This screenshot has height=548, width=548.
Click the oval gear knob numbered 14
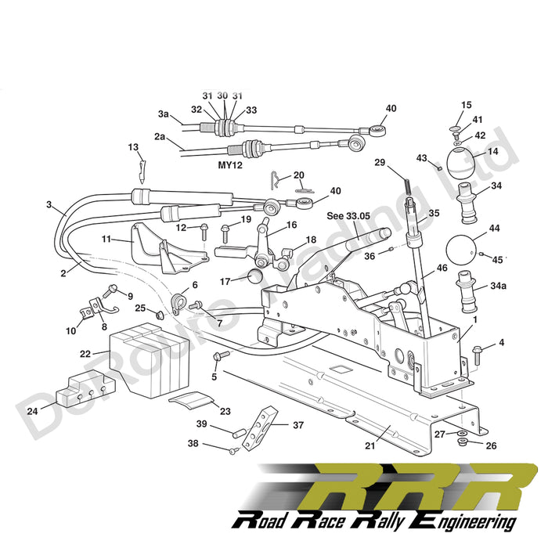[462, 162]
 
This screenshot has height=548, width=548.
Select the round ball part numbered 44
[461, 251]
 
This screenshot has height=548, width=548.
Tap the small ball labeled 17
[255, 277]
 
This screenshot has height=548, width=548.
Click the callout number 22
[85, 353]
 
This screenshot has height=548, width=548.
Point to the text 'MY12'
[230, 164]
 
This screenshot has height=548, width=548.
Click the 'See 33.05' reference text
[348, 216]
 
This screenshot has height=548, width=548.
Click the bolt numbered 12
[204, 232]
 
